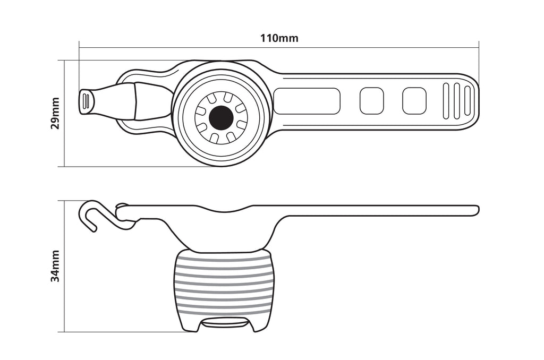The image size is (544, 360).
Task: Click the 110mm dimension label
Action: (x=279, y=38)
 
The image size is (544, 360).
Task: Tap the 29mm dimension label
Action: (x=55, y=114)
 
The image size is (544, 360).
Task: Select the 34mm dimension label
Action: (x=55, y=266)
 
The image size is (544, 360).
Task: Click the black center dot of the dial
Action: (x=221, y=118)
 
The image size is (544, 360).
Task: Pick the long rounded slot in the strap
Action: (x=307, y=101)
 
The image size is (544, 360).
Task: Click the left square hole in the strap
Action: (x=371, y=100)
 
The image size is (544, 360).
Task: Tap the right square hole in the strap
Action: (x=414, y=100)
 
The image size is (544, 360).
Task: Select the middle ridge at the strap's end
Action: (x=457, y=101)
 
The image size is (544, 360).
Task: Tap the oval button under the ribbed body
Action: (x=224, y=323)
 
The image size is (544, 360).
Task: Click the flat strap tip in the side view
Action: (x=475, y=210)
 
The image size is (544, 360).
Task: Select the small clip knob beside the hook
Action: (x=121, y=208)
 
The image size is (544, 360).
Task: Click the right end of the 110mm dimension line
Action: (x=479, y=47)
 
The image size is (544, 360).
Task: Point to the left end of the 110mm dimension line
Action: (x=79, y=47)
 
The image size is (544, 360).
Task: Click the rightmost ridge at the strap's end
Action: (x=467, y=102)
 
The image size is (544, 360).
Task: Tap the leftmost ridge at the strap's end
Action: (x=446, y=101)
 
